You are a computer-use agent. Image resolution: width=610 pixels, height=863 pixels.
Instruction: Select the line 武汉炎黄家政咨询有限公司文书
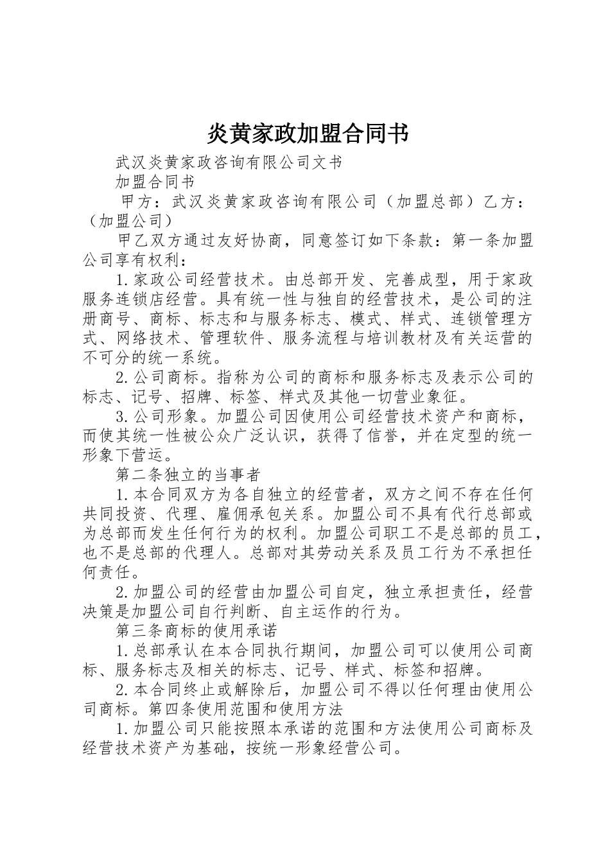pyautogui.click(x=229, y=162)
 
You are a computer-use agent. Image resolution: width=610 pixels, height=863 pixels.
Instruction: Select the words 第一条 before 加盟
pyautogui.click(x=476, y=241)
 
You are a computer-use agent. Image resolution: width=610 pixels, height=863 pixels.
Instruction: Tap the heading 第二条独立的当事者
pyautogui.click(x=187, y=475)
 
